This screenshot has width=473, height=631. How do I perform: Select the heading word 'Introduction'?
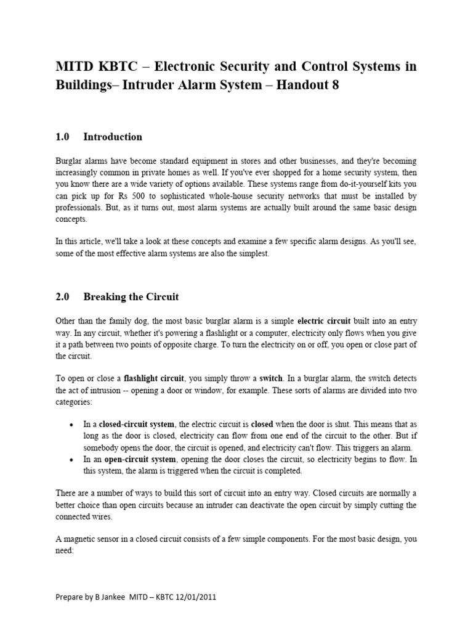pyautogui.click(x=113, y=137)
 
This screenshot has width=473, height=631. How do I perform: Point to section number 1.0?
pyautogui.click(x=63, y=137)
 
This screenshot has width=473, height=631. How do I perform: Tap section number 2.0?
pyautogui.click(x=63, y=297)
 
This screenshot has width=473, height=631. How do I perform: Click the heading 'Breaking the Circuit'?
pyautogui.click(x=131, y=297)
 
